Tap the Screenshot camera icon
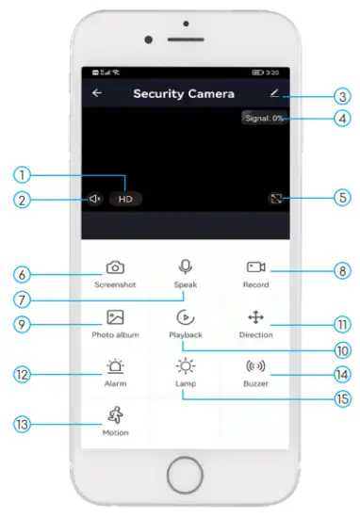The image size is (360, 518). pos(115,267)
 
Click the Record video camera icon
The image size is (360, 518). pos(254,267)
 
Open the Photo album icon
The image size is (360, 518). pos(115,317)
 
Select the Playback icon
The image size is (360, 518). pos(185,317)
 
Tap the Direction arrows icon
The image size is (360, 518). pos(254,317)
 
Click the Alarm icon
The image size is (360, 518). pos(115,367)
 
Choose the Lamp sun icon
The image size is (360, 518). pos(185,367)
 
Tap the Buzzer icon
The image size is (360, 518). pos(254,367)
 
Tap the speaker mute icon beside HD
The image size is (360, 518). pos(95,199)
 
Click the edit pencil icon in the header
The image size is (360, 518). pos(273,93)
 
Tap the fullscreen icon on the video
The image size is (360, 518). pos(273,199)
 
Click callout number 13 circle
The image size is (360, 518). pos(23,424)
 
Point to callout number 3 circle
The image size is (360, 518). pos(343,96)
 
